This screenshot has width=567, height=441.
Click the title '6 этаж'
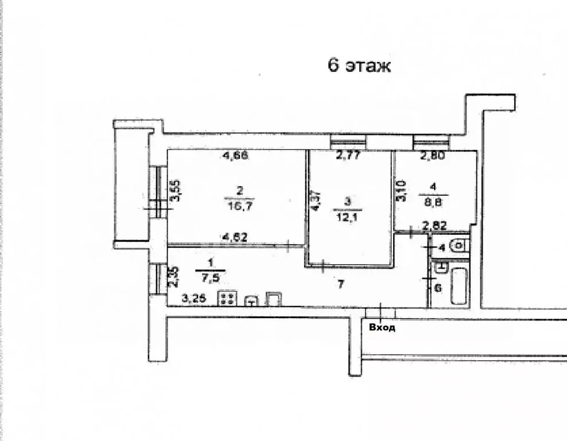(359, 66)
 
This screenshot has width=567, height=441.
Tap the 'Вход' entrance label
(382, 328)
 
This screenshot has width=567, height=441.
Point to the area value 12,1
(348, 218)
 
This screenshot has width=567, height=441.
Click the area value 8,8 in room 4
(433, 202)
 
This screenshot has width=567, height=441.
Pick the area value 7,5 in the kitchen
(209, 278)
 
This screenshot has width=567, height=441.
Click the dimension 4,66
(235, 156)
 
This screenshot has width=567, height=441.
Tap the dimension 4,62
(235, 237)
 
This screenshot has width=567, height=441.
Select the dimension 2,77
(348, 156)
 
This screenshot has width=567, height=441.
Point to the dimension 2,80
(433, 156)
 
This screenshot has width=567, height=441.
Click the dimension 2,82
(435, 226)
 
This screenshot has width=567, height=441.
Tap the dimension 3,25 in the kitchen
(194, 299)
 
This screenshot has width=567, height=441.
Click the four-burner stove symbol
(227, 299)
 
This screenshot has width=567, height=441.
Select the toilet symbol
(459, 246)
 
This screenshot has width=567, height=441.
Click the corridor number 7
(340, 285)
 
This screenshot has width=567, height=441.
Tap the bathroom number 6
(438, 288)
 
